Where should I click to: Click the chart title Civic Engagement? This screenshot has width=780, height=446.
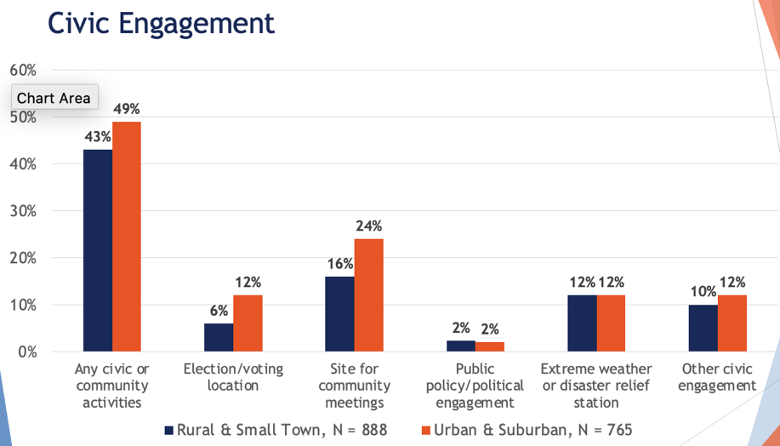161,22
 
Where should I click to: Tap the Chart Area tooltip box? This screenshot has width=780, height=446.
54,98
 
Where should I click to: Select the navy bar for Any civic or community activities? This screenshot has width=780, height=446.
98,250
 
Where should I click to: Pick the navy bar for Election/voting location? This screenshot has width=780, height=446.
219,337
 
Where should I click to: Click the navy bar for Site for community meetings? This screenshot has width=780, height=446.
340,314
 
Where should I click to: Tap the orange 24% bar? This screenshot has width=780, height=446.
369,294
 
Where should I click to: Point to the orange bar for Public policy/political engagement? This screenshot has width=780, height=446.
490,346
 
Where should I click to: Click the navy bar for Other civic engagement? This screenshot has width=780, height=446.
703,328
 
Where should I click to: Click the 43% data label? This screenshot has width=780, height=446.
97,136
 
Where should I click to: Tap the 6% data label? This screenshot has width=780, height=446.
219,310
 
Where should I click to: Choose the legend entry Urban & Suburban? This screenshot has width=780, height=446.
527,429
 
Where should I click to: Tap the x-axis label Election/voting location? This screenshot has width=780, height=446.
233,377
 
